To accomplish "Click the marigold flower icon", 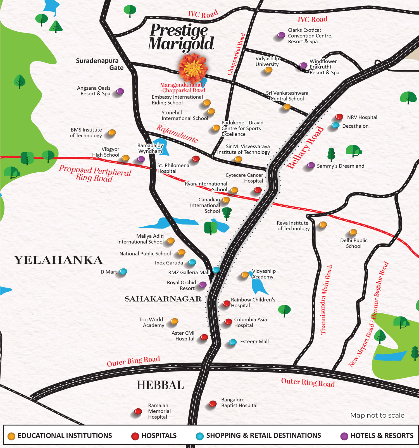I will pyautogui.click(x=193, y=68).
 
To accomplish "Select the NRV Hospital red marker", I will pyautogui.click(x=339, y=116).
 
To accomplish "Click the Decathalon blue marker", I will pyautogui.click(x=335, y=125).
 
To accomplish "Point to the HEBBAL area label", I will pyautogui.click(x=160, y=385).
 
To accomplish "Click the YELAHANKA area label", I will pyautogui.click(x=58, y=260).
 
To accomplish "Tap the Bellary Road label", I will pyautogui.click(x=305, y=147).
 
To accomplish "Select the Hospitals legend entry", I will pyautogui.click(x=154, y=436).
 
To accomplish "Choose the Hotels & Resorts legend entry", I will pyautogui.click(x=377, y=436).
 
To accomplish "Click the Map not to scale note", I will pyautogui.click(x=377, y=415).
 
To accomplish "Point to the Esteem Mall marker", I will pyautogui.click(x=233, y=342).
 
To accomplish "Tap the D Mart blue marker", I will pyautogui.click(x=123, y=271).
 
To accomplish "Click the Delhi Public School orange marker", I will pyautogui.click(x=353, y=232).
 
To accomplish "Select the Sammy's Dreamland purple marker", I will pyautogui.click(x=311, y=165).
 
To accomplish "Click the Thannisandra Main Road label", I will pyautogui.click(x=326, y=300).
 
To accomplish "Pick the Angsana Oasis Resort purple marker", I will pyautogui.click(x=120, y=91).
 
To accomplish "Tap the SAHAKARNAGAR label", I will pyautogui.click(x=163, y=299).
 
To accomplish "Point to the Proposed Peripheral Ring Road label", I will pyautogui.click(x=95, y=173).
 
